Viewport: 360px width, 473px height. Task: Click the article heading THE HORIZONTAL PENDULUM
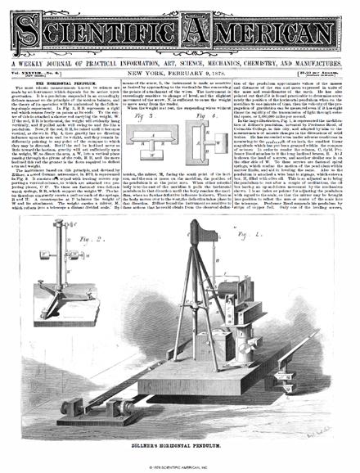(x=61, y=84)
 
